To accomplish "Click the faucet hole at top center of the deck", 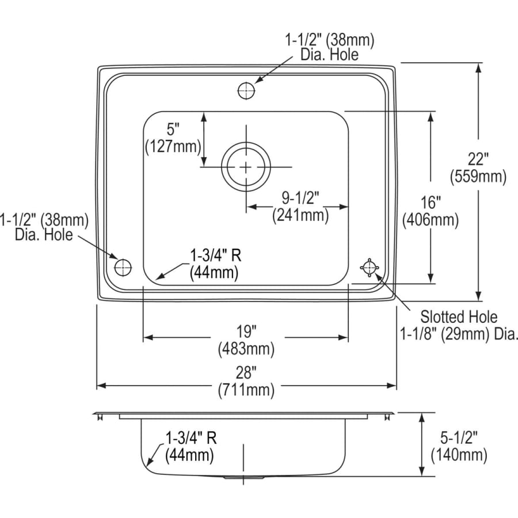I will [x=246, y=90].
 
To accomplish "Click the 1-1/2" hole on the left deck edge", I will [x=123, y=267].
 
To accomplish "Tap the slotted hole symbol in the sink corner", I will [x=368, y=267].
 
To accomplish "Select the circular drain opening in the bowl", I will [x=246, y=167].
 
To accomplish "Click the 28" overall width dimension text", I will [x=246, y=373].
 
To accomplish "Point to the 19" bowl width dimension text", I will [x=246, y=332].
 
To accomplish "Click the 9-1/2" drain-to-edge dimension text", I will [x=300, y=197].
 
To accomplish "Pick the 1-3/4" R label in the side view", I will [x=191, y=437].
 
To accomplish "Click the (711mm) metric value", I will [x=246, y=390].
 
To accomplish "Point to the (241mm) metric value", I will [x=300, y=215].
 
